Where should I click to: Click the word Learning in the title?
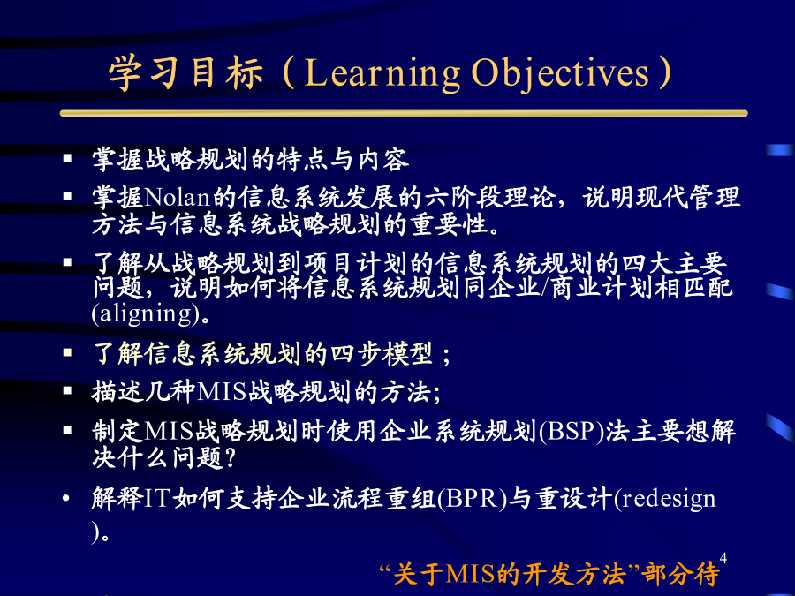click(x=382, y=74)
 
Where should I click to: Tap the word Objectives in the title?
click(x=560, y=74)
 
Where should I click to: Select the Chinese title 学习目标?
click(x=185, y=73)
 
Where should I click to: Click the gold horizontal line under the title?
click(x=404, y=114)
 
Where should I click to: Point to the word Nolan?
click(x=177, y=197)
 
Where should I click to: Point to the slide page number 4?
click(x=723, y=559)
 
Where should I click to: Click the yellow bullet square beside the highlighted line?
click(x=67, y=352)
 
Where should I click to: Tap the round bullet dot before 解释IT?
click(x=66, y=498)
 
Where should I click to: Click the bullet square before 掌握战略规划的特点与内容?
click(x=67, y=158)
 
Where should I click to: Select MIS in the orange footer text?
click(x=470, y=574)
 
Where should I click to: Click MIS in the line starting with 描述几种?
click(x=221, y=392)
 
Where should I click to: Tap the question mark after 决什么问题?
click(x=230, y=457)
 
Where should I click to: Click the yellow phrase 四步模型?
click(x=382, y=353)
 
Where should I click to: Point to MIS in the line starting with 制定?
click(x=169, y=431)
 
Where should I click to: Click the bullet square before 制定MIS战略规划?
click(x=67, y=430)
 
